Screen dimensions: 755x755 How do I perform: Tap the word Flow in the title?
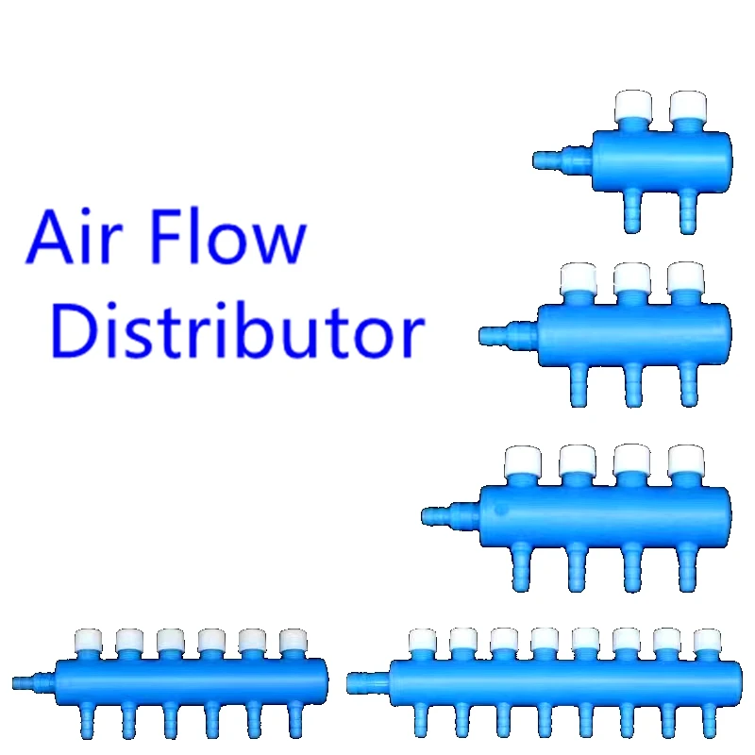coord(230,239)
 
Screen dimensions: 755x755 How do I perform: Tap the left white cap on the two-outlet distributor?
coord(629,109)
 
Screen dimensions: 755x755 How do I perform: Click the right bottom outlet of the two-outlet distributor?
coord(687,211)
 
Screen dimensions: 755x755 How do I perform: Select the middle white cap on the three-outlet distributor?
coord(631,279)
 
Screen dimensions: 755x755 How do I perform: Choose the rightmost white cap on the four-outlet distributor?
coord(685,461)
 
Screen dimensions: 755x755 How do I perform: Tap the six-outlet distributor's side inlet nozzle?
coord(34,679)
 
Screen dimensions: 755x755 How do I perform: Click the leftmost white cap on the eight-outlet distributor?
coord(423,642)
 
